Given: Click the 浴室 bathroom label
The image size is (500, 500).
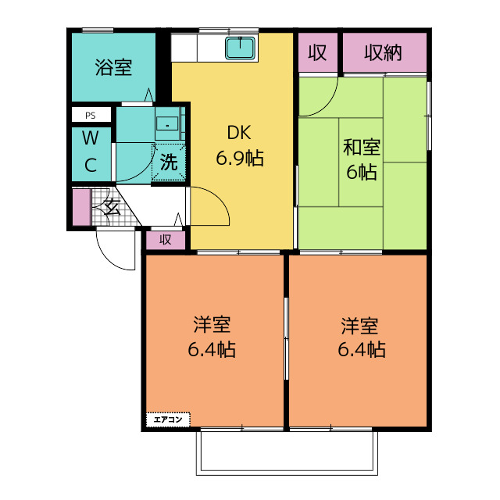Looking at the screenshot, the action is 113,67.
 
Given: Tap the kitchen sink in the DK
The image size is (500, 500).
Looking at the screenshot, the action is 241,48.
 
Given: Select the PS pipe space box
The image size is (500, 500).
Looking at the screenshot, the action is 91,115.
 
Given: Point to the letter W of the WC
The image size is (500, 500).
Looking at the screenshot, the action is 91,138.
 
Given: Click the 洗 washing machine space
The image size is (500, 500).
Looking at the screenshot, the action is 169,163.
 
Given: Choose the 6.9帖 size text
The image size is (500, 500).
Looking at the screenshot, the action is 240,158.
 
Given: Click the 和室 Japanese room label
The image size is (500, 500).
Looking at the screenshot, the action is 362,147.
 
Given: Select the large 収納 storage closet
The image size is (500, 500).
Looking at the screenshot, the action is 384,52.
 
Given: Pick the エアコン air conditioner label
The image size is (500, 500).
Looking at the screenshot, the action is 168,420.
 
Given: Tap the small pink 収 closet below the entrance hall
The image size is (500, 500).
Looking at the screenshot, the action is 166,240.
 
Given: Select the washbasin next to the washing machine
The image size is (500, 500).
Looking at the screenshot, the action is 167,123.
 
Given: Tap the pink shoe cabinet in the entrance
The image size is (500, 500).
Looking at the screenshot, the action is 81,207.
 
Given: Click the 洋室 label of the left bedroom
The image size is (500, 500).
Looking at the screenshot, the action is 212,325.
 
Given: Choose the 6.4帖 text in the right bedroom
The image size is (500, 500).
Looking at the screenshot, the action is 362,349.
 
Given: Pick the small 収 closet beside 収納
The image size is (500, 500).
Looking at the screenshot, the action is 318,52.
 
